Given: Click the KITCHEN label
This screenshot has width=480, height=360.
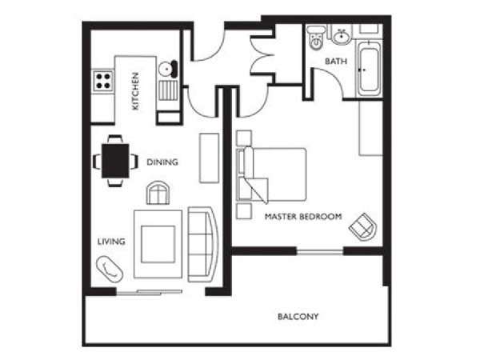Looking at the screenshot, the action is click(x=135, y=91).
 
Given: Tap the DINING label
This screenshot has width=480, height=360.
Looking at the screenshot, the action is click(x=162, y=162).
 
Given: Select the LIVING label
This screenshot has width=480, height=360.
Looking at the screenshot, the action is click(x=111, y=242).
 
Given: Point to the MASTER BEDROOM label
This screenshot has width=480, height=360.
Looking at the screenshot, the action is click(x=303, y=217).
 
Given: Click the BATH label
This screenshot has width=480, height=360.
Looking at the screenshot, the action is click(x=336, y=62).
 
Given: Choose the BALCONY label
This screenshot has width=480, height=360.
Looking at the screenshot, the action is click(x=298, y=316).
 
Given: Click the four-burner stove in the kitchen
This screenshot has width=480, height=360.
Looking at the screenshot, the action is click(x=103, y=81).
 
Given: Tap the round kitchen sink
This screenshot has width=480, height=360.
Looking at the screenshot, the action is click(x=166, y=69).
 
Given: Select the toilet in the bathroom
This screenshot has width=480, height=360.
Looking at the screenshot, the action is click(x=316, y=38).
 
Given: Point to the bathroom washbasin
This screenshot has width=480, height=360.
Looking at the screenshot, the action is click(x=341, y=36).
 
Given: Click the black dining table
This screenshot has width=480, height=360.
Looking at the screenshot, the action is click(x=115, y=161).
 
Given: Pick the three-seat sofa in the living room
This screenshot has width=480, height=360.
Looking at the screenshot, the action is click(x=202, y=245).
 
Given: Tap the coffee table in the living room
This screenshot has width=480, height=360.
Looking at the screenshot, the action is click(x=158, y=244).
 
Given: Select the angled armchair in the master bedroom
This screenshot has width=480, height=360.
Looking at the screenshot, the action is click(x=363, y=227).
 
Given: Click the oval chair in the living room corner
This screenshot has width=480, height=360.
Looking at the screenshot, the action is click(x=110, y=269).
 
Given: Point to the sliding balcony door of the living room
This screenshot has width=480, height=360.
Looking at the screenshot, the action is click(x=149, y=292).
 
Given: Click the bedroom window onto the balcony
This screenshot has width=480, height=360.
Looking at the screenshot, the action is click(x=320, y=252).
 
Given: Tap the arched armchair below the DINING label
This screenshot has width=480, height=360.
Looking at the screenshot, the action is click(x=158, y=193).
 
